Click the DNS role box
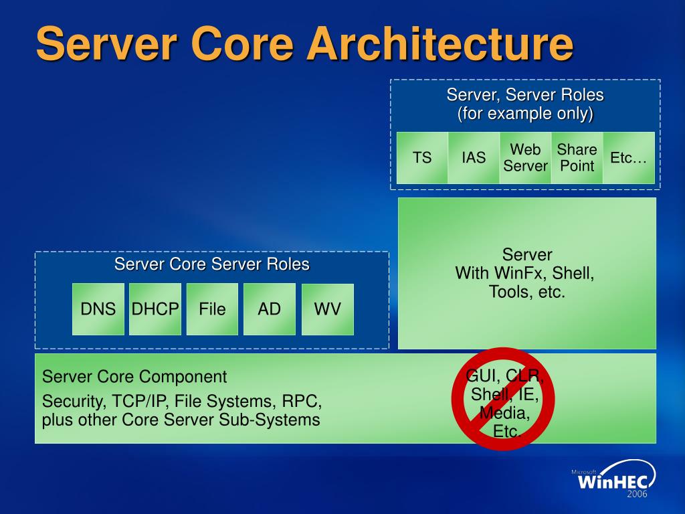tap(98, 309)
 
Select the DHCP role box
tap(155, 309)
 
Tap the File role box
tap(212, 309)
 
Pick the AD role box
tap(270, 309)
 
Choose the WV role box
tap(328, 309)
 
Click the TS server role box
tap(422, 158)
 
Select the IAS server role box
tap(474, 158)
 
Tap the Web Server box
tap(525, 158)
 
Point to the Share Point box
tap(577, 158)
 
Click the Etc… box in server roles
tap(629, 158)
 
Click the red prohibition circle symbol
tap(502, 399)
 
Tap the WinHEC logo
tap(613, 480)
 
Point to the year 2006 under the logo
tap(638, 495)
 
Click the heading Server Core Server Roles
tap(211, 264)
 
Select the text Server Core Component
tap(134, 377)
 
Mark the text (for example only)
tap(525, 113)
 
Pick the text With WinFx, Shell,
tap(524, 273)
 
